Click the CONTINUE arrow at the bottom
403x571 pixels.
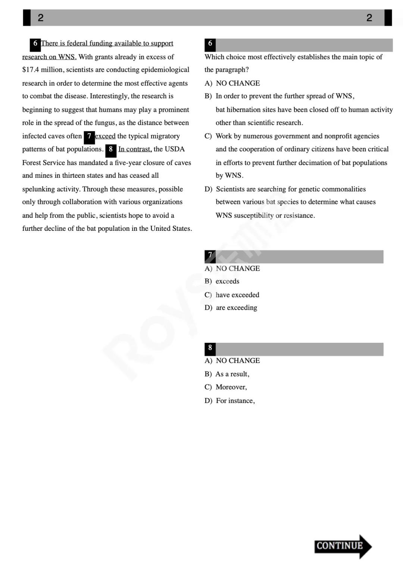coord(342,546)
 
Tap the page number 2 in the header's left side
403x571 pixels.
coord(41,18)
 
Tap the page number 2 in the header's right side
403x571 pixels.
coord(369,18)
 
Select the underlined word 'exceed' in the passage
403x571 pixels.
coord(105,136)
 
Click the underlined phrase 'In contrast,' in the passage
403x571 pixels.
coord(135,149)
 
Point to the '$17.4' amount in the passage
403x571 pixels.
coord(31,70)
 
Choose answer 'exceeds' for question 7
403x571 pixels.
coord(227,281)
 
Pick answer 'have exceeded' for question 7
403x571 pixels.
coord(237,295)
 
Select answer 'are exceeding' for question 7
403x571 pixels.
coord(236,308)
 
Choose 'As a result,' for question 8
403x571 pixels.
coord(232,374)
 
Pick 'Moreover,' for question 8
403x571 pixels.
coord(231,387)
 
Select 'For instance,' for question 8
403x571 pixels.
coord(235,401)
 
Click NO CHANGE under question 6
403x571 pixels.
coord(238,83)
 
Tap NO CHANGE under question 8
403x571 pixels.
coord(238,360)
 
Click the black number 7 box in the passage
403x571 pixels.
coord(89,137)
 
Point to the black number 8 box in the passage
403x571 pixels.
coord(111,150)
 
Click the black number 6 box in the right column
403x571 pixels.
coord(210,44)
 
